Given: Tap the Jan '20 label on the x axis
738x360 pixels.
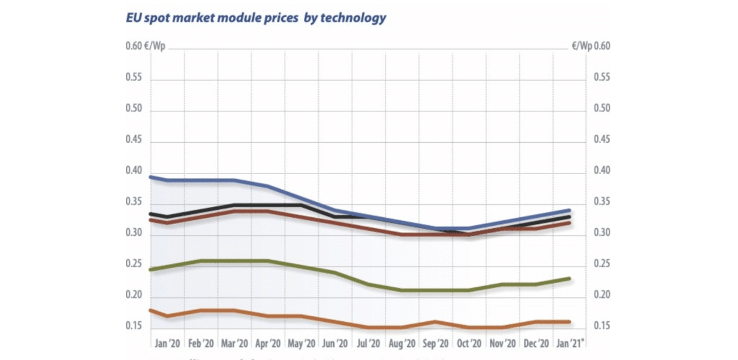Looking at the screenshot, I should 167,343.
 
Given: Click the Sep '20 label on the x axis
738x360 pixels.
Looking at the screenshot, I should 437,343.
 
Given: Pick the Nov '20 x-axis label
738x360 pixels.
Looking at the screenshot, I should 503,343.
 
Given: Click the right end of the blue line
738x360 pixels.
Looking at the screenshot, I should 569,210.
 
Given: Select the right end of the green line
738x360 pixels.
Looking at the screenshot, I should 569,279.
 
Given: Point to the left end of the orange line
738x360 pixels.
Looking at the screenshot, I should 151,311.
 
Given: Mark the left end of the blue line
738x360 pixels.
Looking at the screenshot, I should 151,177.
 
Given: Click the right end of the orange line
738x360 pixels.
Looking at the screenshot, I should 569,321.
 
